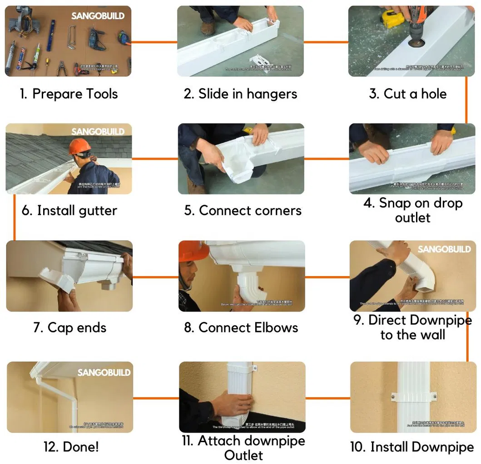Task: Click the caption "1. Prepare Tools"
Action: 69,94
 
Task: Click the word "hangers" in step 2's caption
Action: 271,94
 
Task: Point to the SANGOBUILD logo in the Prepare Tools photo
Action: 98,16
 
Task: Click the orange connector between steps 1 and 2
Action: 154,42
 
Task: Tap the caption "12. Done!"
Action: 71,447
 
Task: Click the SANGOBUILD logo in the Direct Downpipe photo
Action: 444,249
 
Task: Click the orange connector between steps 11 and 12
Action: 156,398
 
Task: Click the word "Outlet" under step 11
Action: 244,455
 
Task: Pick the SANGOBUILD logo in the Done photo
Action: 104,372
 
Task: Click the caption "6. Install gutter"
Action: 69,211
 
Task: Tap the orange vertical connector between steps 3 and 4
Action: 466,100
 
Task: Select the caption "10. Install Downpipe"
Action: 412,447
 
